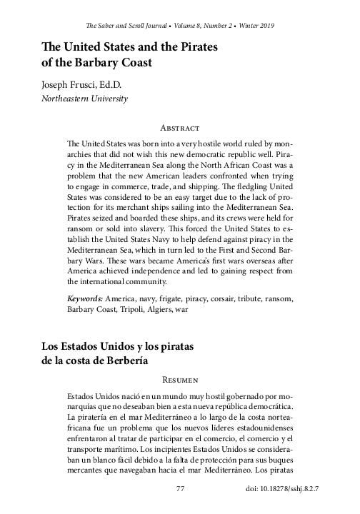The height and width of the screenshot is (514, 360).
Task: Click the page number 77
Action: coord(180,489)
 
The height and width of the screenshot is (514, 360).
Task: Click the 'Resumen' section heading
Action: coord(180,379)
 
